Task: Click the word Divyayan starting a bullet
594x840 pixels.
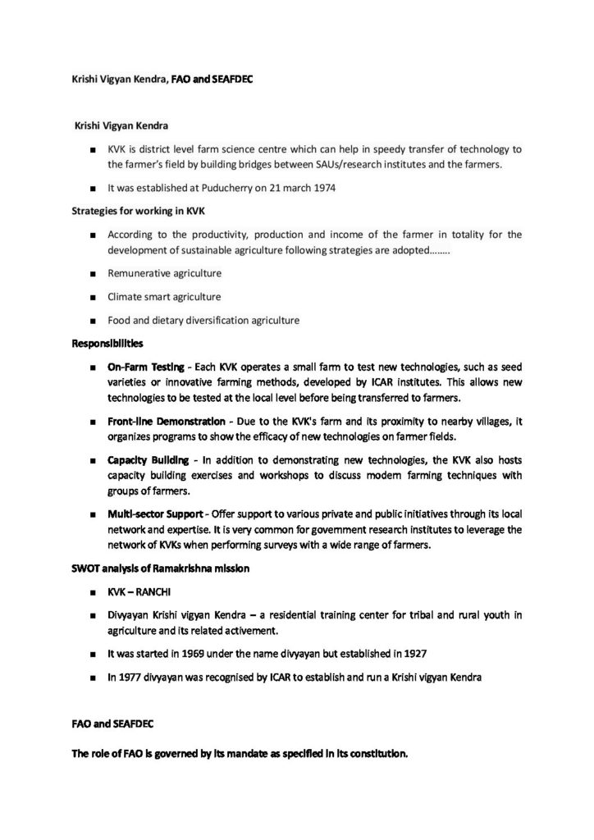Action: (130, 614)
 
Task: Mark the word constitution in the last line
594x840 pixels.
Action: (377, 754)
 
